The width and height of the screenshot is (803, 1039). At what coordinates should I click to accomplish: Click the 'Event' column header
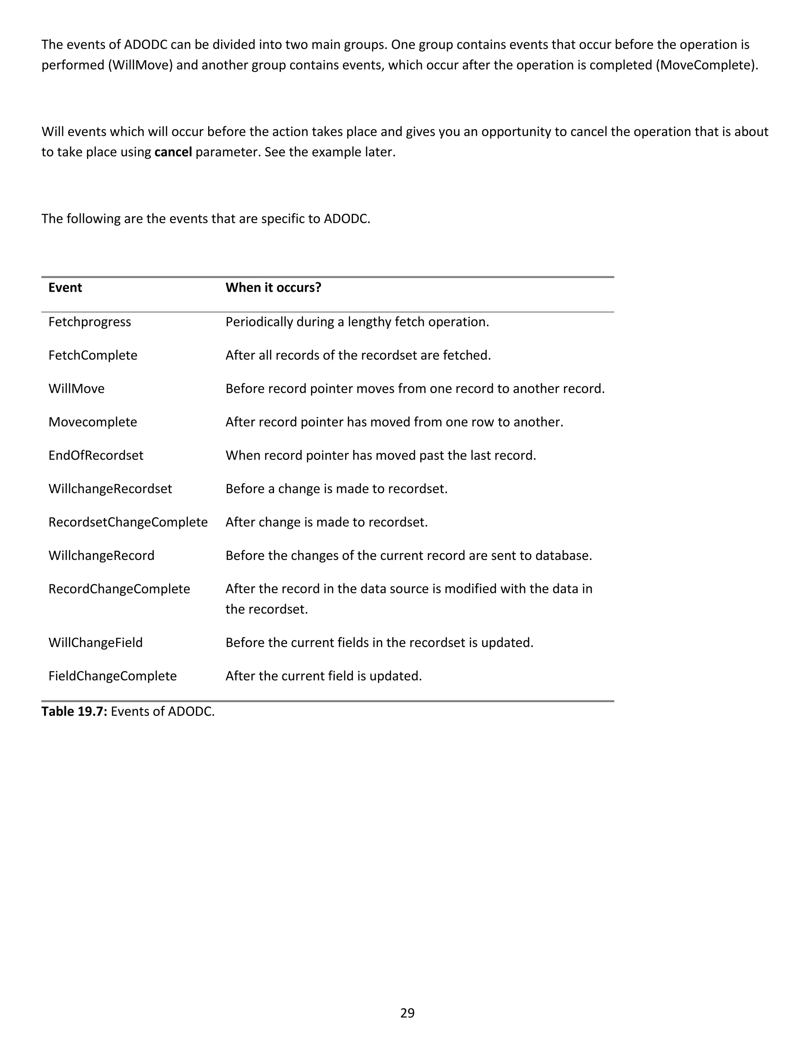65,288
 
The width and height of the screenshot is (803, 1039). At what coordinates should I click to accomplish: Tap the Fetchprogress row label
89,322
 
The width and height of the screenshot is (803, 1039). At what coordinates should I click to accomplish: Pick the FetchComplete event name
93,355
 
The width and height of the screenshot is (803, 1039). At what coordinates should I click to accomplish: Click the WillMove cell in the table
76,389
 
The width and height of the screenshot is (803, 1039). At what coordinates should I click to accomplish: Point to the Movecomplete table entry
93,422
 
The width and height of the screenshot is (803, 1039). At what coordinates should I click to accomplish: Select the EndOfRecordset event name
96,455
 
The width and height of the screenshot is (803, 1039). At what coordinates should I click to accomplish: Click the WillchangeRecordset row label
110,489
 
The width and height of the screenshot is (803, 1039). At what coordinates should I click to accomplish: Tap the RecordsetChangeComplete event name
128,522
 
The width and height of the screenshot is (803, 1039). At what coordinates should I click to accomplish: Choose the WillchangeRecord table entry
101,556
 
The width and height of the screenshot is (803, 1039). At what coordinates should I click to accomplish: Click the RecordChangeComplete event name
119,589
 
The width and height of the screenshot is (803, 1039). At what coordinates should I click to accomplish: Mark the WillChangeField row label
95,643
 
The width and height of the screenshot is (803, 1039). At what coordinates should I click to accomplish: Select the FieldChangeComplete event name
112,676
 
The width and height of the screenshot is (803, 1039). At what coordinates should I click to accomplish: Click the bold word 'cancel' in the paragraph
173,152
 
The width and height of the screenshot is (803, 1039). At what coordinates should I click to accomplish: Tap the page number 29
407,1013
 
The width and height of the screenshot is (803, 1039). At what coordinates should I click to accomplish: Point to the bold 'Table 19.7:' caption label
74,711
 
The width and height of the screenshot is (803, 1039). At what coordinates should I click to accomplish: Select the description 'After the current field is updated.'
323,676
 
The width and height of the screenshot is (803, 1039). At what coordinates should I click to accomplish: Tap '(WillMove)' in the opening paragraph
140,65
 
